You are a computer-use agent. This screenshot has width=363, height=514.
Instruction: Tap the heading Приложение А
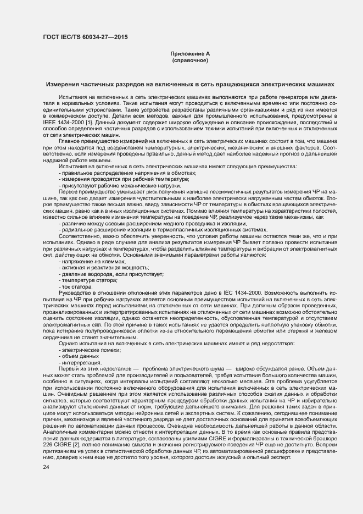(189, 54)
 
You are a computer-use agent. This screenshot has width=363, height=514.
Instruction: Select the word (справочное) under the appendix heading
(189, 60)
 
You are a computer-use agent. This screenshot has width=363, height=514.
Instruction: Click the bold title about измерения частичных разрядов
(189, 85)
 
